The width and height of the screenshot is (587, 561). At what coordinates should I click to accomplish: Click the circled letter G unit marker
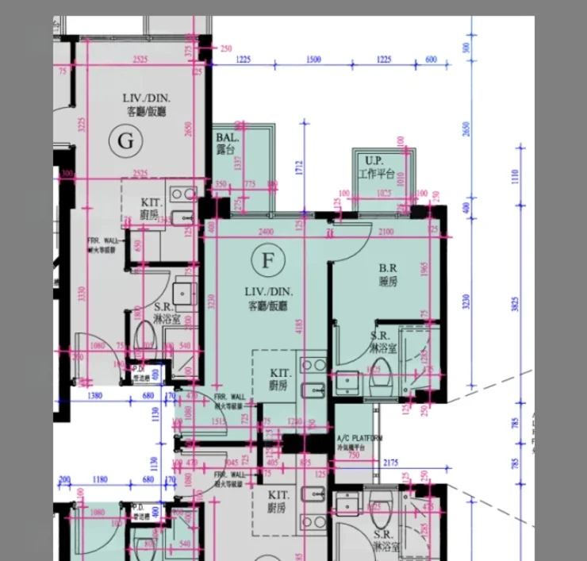click(125, 141)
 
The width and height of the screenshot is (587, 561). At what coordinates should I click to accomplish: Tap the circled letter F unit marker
click(267, 259)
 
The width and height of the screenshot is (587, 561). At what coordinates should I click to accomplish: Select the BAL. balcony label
click(225, 143)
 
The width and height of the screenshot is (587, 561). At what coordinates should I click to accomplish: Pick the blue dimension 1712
click(299, 167)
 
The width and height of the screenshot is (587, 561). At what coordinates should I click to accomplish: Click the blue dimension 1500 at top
click(313, 60)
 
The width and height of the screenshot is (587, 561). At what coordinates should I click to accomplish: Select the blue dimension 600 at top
click(431, 60)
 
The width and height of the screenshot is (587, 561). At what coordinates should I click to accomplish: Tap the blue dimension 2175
click(412, 463)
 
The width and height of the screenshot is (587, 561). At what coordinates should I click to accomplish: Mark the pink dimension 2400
click(267, 232)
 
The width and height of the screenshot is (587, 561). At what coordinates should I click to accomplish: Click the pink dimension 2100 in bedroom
click(387, 232)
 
